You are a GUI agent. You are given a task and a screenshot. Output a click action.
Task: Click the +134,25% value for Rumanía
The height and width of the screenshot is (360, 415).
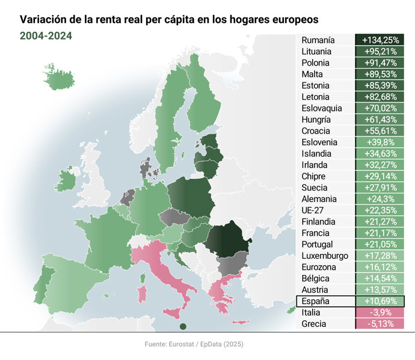[380, 40]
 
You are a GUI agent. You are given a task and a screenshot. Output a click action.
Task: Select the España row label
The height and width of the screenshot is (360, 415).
[315, 301]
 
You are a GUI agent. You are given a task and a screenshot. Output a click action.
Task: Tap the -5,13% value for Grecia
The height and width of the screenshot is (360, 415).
[380, 324]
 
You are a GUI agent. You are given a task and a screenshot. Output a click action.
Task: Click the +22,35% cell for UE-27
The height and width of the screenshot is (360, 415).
[380, 210]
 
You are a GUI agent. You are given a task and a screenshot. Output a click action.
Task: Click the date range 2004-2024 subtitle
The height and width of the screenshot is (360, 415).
[46, 36]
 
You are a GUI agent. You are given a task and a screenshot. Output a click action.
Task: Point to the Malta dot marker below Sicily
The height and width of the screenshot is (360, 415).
[183, 327]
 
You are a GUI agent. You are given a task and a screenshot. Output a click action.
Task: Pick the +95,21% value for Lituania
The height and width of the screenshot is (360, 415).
[380, 52]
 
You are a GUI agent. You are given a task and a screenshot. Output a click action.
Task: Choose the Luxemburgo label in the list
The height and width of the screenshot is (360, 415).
[325, 256]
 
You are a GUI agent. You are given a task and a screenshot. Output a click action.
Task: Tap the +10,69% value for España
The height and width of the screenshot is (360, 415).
[380, 301]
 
